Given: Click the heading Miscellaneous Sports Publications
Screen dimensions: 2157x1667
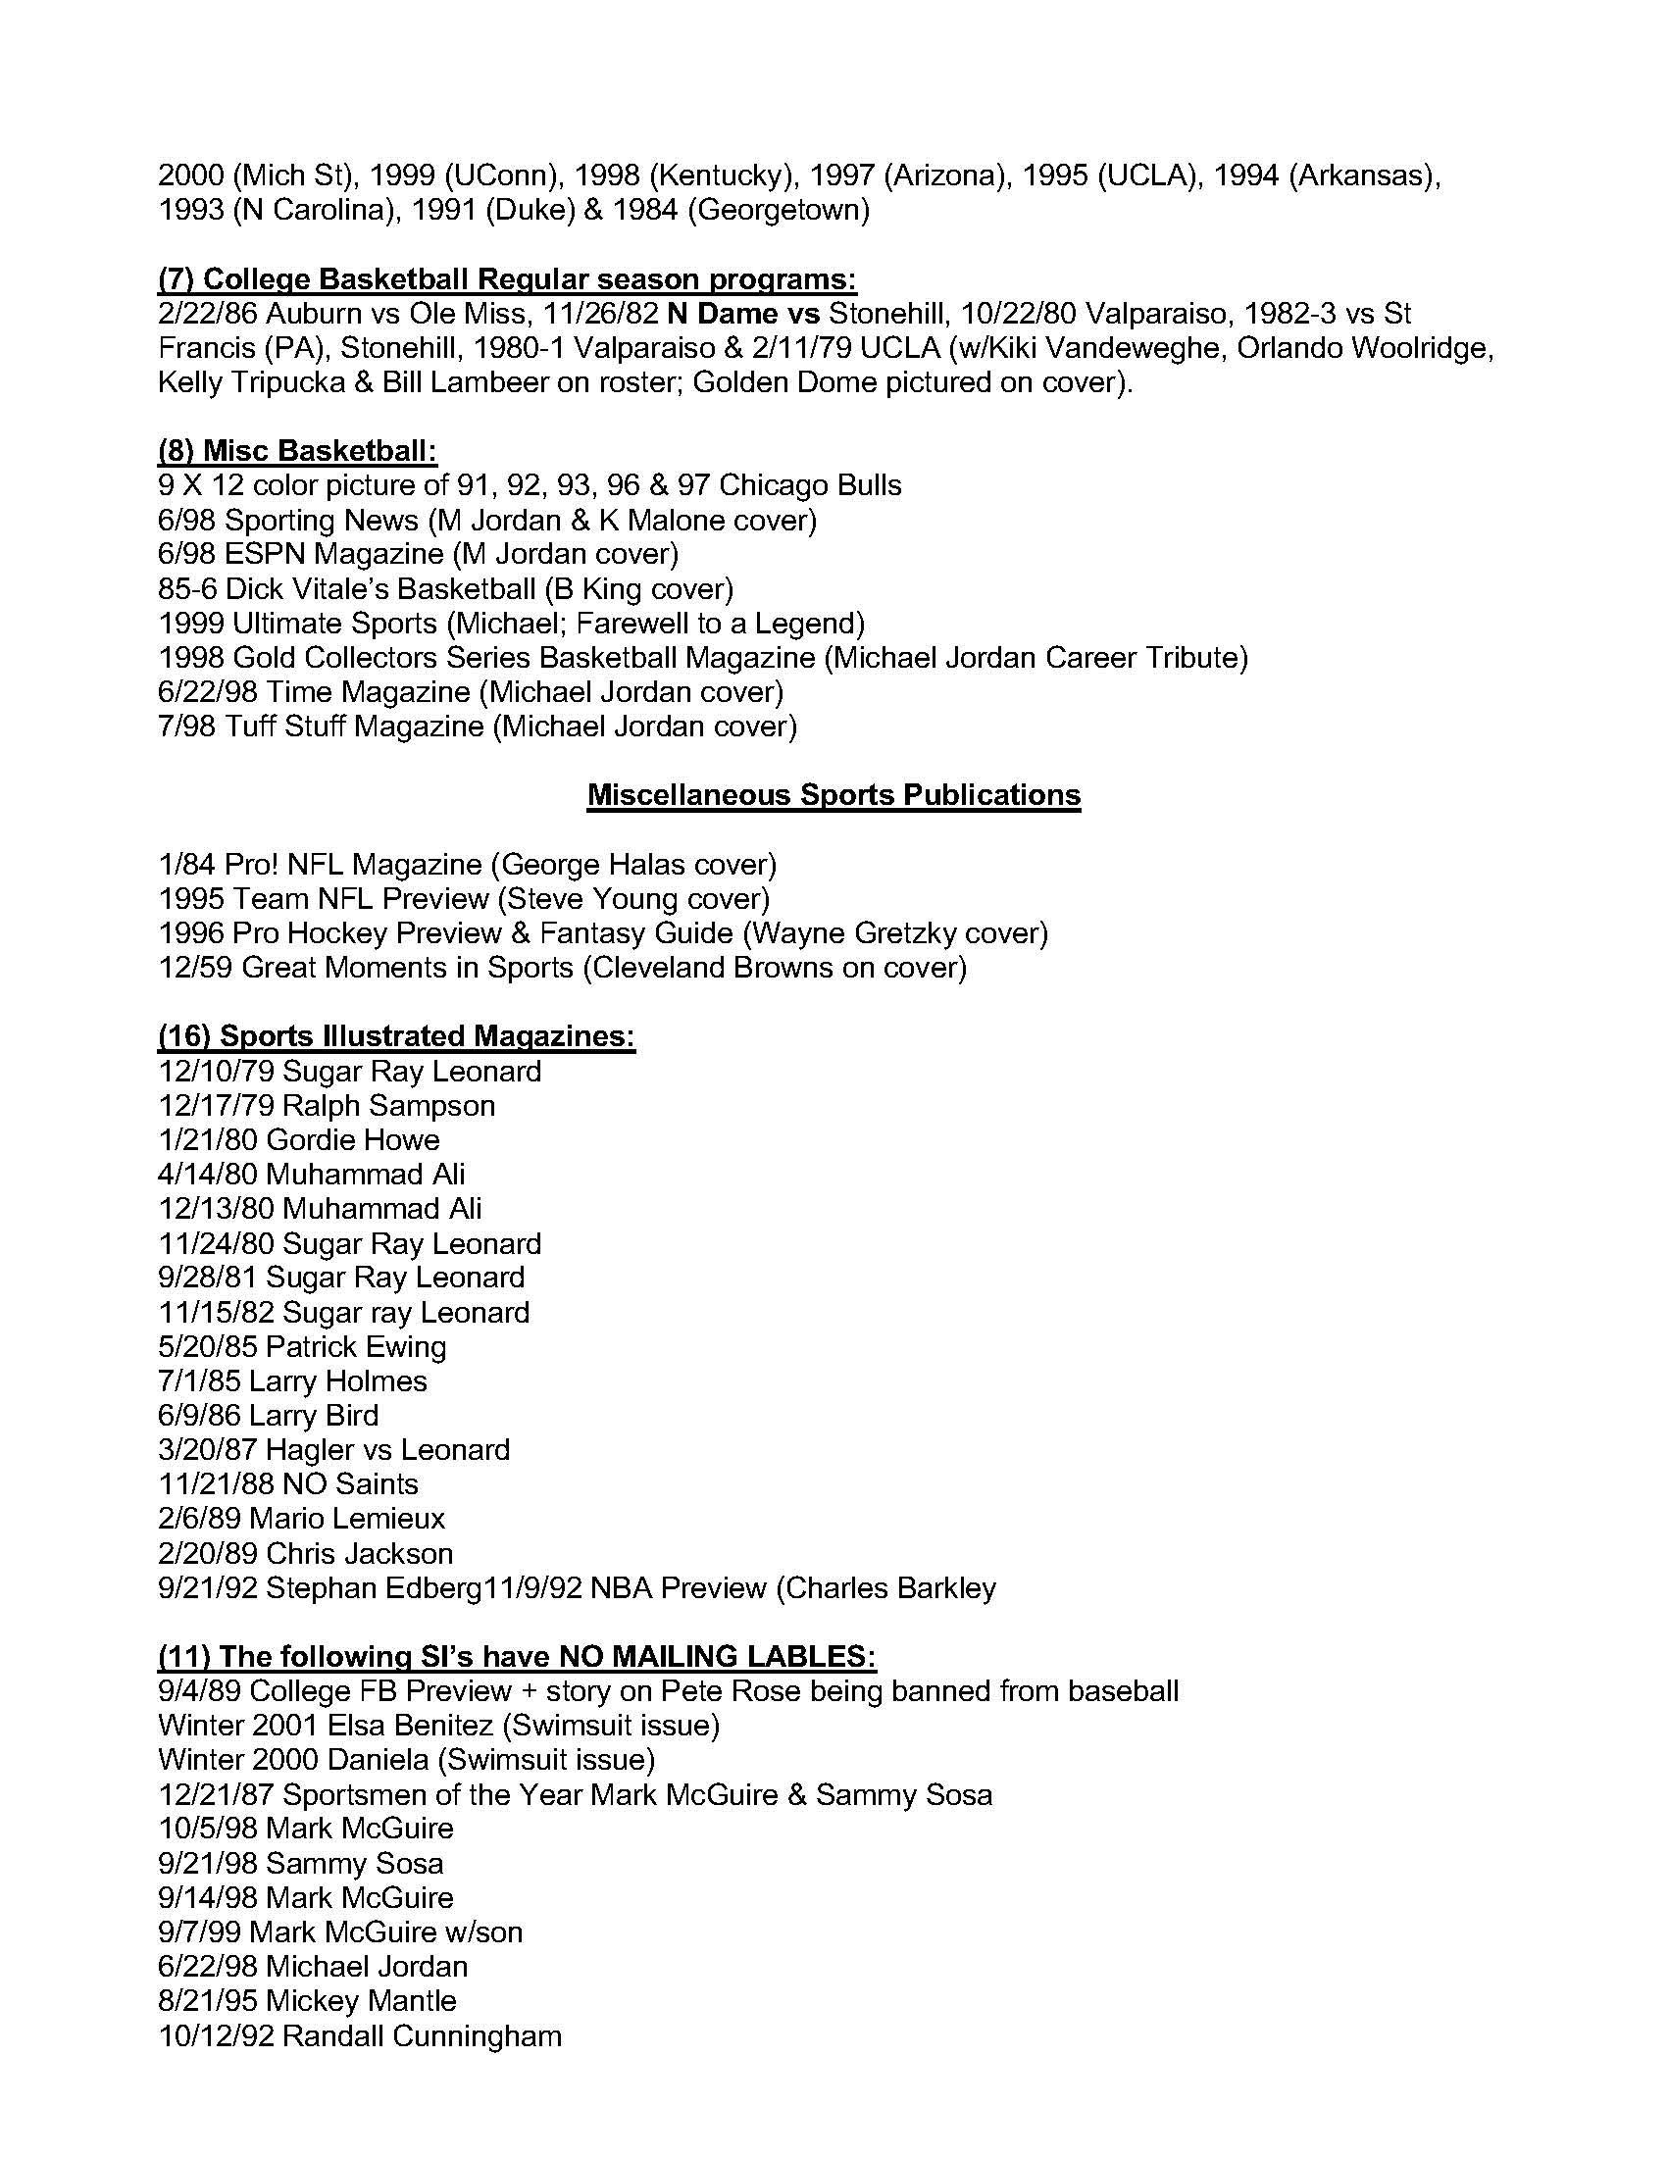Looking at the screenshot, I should coord(833,795).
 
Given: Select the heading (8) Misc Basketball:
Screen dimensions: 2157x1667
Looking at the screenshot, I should coord(297,450).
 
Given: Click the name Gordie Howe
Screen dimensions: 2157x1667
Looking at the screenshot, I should coord(353,1139).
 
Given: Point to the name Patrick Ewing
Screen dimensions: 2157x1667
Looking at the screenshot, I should coord(356,1346).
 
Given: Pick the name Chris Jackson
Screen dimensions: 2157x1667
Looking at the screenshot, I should coord(360,1554).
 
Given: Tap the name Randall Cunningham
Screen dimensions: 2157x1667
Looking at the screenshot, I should coord(422,2035).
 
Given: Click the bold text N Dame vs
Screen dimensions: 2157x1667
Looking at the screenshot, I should coord(743,313).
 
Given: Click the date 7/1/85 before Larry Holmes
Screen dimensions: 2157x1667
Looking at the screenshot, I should coord(199,1380).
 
